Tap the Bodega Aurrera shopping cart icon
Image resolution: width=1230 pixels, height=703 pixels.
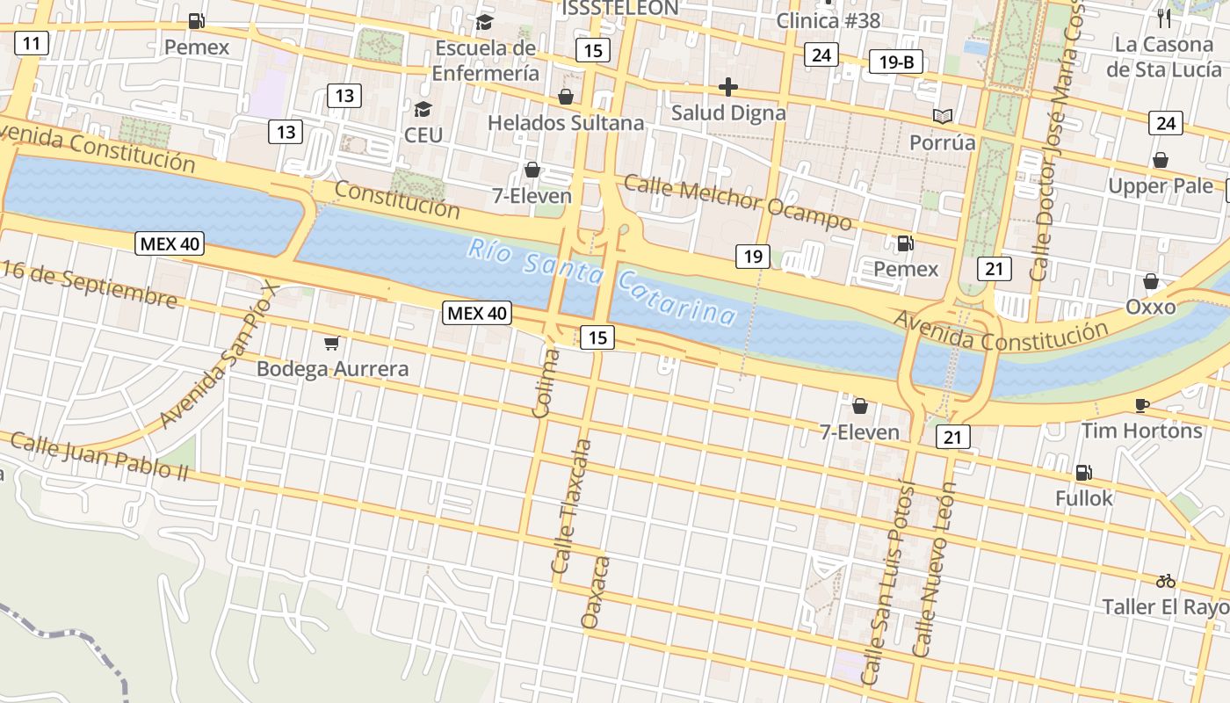[331, 343]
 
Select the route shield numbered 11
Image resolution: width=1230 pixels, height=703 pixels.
[32, 43]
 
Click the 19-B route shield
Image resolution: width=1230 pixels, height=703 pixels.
[896, 62]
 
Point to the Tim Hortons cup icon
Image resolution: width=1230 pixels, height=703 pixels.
[1141, 405]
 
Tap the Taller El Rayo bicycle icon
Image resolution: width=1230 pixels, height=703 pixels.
[1166, 581]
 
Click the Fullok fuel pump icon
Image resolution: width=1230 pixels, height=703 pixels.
[1084, 473]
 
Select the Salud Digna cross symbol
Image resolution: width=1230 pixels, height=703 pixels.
[727, 87]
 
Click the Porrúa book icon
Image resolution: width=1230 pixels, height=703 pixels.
[943, 116]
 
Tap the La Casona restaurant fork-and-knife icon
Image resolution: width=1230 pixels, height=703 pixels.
[1164, 18]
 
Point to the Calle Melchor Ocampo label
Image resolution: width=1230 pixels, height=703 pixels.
[737, 202]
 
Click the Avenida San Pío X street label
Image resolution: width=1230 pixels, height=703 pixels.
[220, 355]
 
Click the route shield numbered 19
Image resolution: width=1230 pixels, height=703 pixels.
[753, 257]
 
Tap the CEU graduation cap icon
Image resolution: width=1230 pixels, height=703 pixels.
[423, 109]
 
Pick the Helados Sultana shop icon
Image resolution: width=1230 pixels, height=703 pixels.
[566, 96]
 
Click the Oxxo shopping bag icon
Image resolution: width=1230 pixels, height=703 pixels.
[1150, 281]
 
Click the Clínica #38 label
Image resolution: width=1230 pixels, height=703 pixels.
[828, 20]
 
